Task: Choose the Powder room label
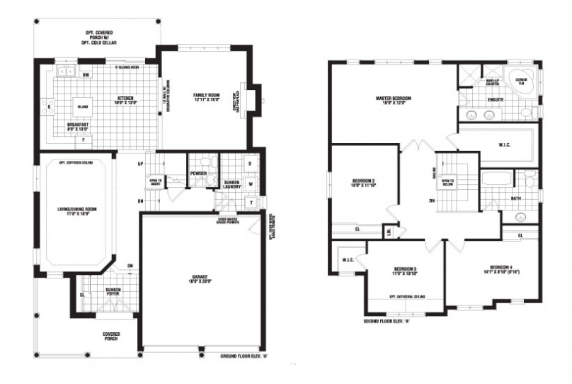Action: click(x=198, y=172)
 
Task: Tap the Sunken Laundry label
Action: click(x=233, y=186)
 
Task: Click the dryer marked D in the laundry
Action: click(x=250, y=163)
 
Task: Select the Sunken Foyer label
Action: click(x=110, y=292)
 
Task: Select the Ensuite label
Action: click(x=496, y=99)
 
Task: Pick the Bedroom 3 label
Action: click(x=405, y=271)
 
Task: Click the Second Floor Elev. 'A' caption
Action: click(x=387, y=321)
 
